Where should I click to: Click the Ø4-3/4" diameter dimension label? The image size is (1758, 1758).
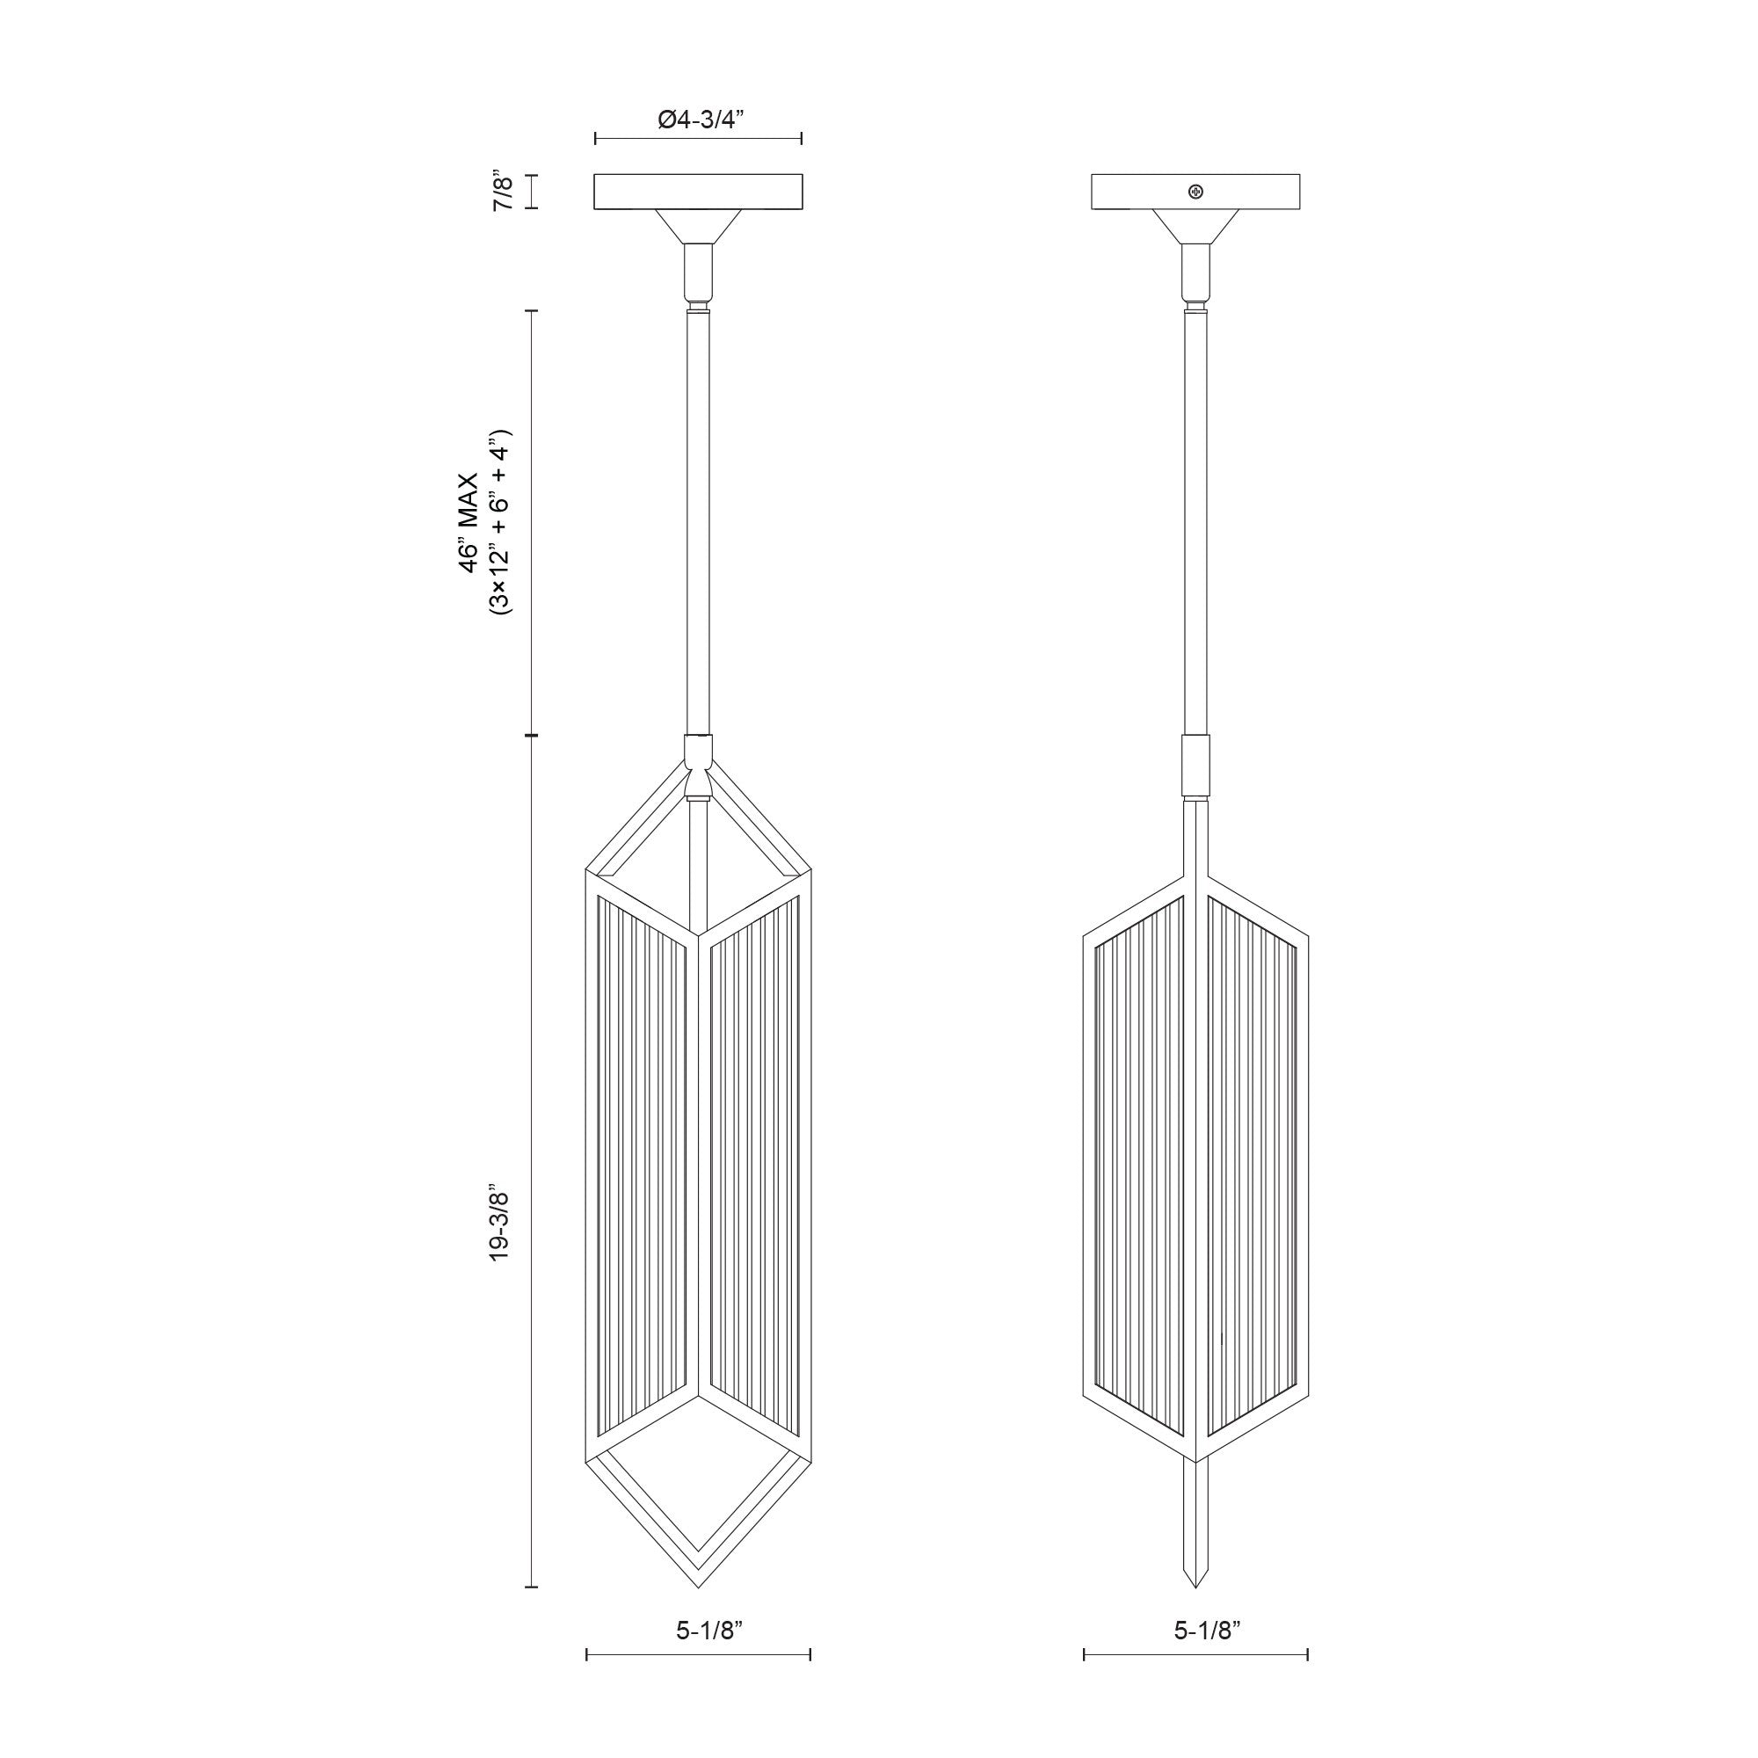(x=699, y=120)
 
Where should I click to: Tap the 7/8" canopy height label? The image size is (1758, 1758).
(x=503, y=191)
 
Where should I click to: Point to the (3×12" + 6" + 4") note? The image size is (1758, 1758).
(x=500, y=522)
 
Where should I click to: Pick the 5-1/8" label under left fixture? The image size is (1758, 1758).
(x=698, y=1631)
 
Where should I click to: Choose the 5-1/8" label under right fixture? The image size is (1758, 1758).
(x=1195, y=1631)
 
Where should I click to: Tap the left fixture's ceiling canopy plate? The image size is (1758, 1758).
(x=698, y=191)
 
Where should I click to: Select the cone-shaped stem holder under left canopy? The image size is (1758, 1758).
(x=698, y=226)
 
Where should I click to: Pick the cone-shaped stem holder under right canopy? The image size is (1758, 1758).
(x=1195, y=226)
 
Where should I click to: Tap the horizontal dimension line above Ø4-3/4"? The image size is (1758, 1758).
(x=698, y=138)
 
